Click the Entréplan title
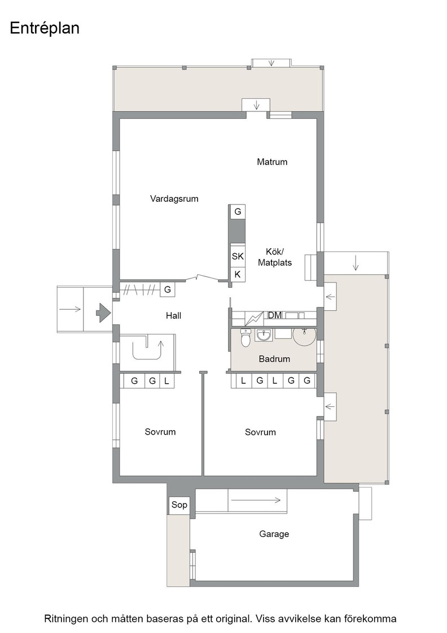point(45,28)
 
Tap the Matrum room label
point(272,162)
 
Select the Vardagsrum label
point(174,198)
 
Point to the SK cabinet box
point(238,256)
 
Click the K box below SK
point(238,275)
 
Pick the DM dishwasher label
point(275,315)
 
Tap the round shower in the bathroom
point(304,336)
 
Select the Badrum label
point(274,359)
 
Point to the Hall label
point(174,316)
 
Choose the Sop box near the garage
point(179,505)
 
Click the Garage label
point(274,534)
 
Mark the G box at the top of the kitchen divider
point(238,211)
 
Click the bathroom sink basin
point(264,336)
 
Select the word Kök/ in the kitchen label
point(275,252)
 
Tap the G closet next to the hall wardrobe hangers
point(168,289)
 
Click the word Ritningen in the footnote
point(65,619)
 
